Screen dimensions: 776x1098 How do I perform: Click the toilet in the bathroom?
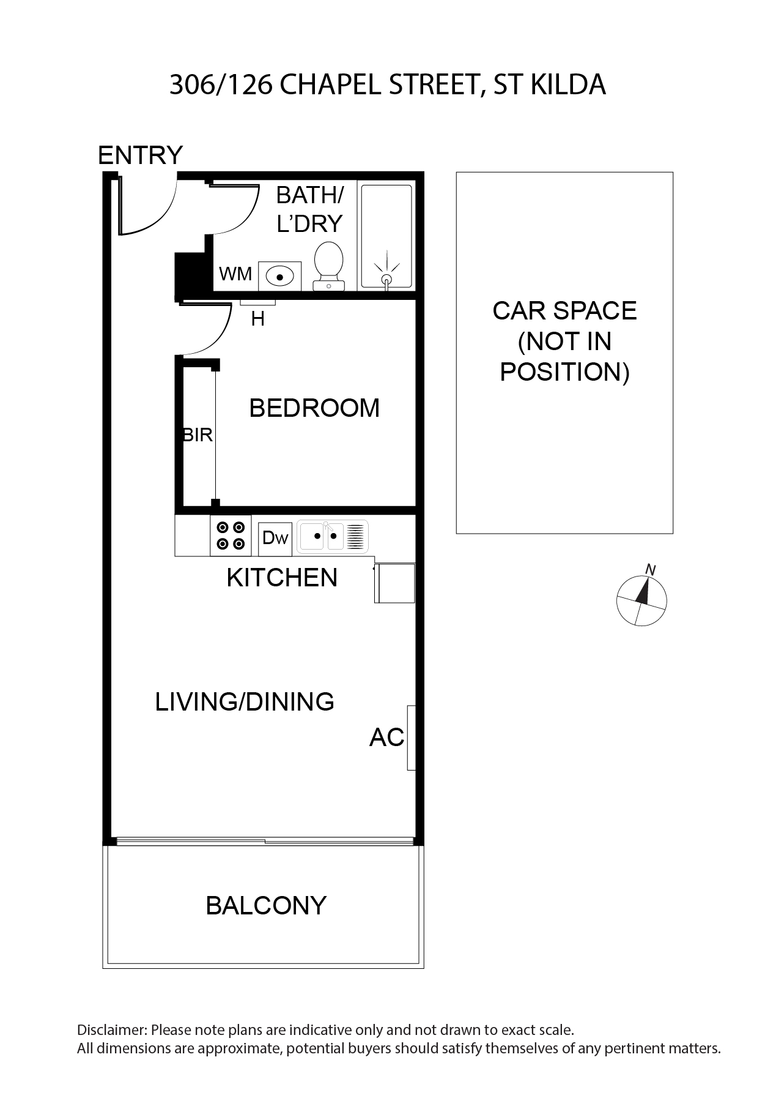(x=328, y=266)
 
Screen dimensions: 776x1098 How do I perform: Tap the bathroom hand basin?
(x=279, y=276)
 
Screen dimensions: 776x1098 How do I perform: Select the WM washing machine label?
(x=235, y=274)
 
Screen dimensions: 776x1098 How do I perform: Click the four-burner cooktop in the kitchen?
(x=231, y=536)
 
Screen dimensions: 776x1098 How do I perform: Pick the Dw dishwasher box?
(x=275, y=539)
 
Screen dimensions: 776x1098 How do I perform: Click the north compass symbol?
(x=641, y=598)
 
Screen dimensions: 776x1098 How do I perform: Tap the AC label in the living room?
(x=386, y=738)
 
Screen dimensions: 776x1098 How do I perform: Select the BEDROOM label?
(x=314, y=408)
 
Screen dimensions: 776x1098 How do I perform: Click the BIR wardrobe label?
(x=198, y=435)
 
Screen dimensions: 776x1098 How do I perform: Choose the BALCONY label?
(x=266, y=905)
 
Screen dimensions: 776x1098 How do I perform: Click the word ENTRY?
(x=141, y=155)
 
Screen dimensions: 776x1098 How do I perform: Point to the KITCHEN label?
(x=282, y=578)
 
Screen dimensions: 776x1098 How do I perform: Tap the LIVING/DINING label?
(x=245, y=701)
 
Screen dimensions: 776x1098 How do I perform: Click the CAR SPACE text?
(x=564, y=311)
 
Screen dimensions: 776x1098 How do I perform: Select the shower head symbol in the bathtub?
(x=386, y=274)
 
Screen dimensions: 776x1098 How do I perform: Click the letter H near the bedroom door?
(x=258, y=319)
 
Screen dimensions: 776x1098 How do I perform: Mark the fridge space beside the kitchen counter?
(x=395, y=583)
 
